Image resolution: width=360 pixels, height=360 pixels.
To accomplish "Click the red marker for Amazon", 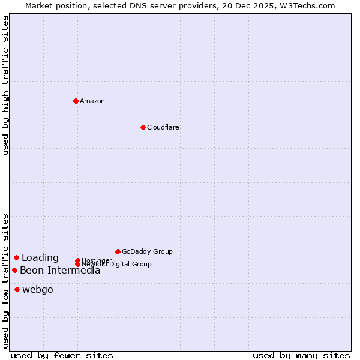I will tap(76, 101).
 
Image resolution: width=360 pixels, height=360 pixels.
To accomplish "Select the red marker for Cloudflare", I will tap(143, 127).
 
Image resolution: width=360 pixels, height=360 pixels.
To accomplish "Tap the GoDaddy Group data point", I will tap(118, 251).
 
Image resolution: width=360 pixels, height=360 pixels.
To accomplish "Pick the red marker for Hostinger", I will tap(77, 260).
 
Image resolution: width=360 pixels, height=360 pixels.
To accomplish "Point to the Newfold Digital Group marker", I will tap(77, 265).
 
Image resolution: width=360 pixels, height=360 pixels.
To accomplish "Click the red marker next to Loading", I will tap(16, 257).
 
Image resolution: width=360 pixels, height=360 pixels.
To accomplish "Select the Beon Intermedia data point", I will tap(14, 270).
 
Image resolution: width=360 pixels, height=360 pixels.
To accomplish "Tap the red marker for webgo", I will tap(17, 290).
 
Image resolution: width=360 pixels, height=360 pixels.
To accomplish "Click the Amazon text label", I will tap(92, 101).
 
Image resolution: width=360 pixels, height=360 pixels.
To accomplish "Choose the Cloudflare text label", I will tap(163, 127).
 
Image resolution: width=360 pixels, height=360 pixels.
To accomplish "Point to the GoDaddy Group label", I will tap(147, 251).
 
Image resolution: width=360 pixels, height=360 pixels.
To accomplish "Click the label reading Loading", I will tap(40, 258).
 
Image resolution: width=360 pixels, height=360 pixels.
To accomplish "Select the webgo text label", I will tap(38, 290).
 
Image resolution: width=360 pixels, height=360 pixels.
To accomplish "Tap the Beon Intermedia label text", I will tap(60, 271).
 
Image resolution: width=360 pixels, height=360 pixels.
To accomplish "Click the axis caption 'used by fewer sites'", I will tap(62, 356).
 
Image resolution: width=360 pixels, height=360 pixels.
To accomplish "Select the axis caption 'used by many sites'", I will tap(301, 356).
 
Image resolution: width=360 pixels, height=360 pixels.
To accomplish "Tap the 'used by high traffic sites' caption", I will tap(6, 85).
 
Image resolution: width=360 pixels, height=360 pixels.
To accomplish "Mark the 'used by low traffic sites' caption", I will tap(6, 280).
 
